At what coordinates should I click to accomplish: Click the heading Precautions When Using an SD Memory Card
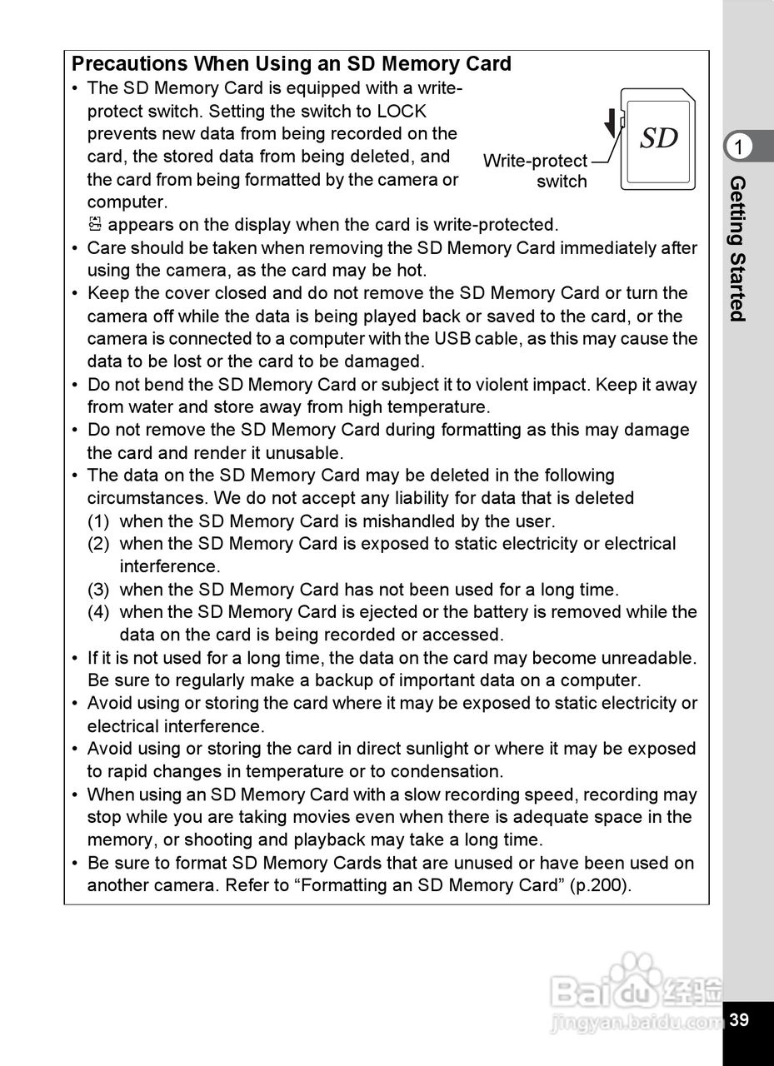point(292,64)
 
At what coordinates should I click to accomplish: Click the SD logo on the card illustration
point(659,138)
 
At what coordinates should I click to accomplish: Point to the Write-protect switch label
point(536,171)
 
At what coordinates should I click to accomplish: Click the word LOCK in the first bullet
point(402,111)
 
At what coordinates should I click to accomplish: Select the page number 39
point(739,1020)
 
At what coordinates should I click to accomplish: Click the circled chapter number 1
point(738,147)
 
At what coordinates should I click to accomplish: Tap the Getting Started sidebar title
point(737,248)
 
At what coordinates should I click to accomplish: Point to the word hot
point(411,271)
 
